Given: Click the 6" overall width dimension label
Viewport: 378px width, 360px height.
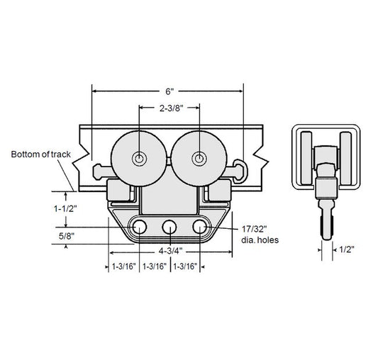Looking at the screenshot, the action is click(x=169, y=91).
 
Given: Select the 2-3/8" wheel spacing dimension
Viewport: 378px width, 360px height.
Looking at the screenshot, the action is click(x=172, y=108).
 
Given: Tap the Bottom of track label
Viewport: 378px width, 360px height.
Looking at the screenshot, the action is click(x=40, y=154).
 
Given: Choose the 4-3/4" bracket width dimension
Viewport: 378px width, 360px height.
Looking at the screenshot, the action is click(x=170, y=251).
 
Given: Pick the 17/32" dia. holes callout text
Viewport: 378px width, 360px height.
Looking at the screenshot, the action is click(x=260, y=235).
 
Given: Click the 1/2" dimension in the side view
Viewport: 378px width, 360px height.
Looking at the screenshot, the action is click(x=347, y=249).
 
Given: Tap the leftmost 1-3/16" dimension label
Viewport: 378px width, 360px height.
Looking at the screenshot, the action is click(x=124, y=266).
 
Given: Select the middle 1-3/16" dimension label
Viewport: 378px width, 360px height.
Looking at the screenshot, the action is click(x=155, y=266).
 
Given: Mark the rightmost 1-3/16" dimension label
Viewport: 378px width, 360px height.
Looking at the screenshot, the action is click(x=185, y=266).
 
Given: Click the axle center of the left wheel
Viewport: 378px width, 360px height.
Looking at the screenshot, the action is click(x=139, y=159).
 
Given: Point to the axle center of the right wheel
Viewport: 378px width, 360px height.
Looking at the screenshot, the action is click(x=199, y=159).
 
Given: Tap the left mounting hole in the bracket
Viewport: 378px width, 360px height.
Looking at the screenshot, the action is click(x=140, y=227).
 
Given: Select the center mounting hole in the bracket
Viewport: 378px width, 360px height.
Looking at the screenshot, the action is click(x=169, y=227).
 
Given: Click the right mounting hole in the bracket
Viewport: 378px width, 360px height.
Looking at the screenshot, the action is click(x=200, y=227).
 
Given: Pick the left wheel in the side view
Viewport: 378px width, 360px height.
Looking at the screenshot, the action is click(x=307, y=158).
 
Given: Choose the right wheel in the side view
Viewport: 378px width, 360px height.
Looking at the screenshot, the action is click(x=345, y=158).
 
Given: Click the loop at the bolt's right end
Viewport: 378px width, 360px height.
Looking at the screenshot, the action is click(x=240, y=171).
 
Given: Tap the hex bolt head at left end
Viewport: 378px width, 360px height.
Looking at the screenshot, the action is click(x=99, y=171).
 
